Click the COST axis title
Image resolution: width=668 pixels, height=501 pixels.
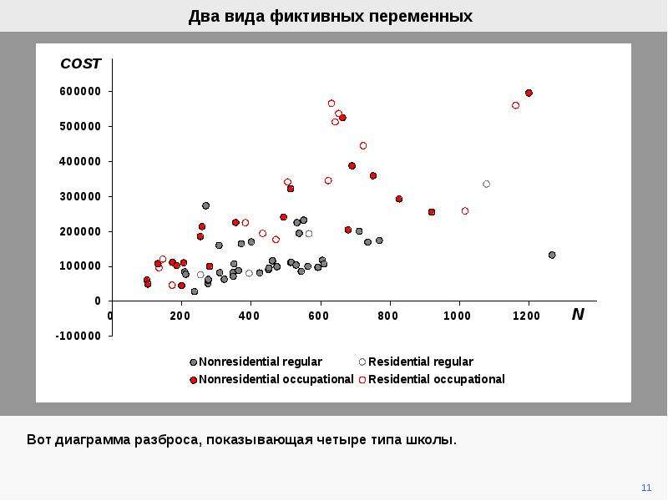point(80,63)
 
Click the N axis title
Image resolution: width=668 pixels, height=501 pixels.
point(578,315)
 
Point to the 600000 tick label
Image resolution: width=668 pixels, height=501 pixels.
point(80,92)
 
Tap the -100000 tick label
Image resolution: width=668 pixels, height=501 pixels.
point(78,337)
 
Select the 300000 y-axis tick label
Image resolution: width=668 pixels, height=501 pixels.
point(80,197)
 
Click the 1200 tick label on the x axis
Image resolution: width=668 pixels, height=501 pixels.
point(527,316)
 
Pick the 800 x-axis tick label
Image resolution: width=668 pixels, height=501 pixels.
point(387,316)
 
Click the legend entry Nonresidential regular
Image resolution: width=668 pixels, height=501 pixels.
point(256,362)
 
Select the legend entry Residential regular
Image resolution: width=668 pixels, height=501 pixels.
point(416,362)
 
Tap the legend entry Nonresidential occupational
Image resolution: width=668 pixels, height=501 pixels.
point(271,379)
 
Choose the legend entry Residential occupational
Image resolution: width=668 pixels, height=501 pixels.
point(432,379)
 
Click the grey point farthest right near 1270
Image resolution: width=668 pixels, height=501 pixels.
point(552,256)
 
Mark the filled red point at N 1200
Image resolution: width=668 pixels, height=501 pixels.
point(529,93)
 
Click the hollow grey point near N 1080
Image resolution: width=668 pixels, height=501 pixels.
point(487,184)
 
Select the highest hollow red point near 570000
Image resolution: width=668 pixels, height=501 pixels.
point(331,104)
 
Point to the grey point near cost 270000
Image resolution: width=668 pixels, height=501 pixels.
point(205,205)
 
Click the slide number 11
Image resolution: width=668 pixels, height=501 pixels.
point(646,488)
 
